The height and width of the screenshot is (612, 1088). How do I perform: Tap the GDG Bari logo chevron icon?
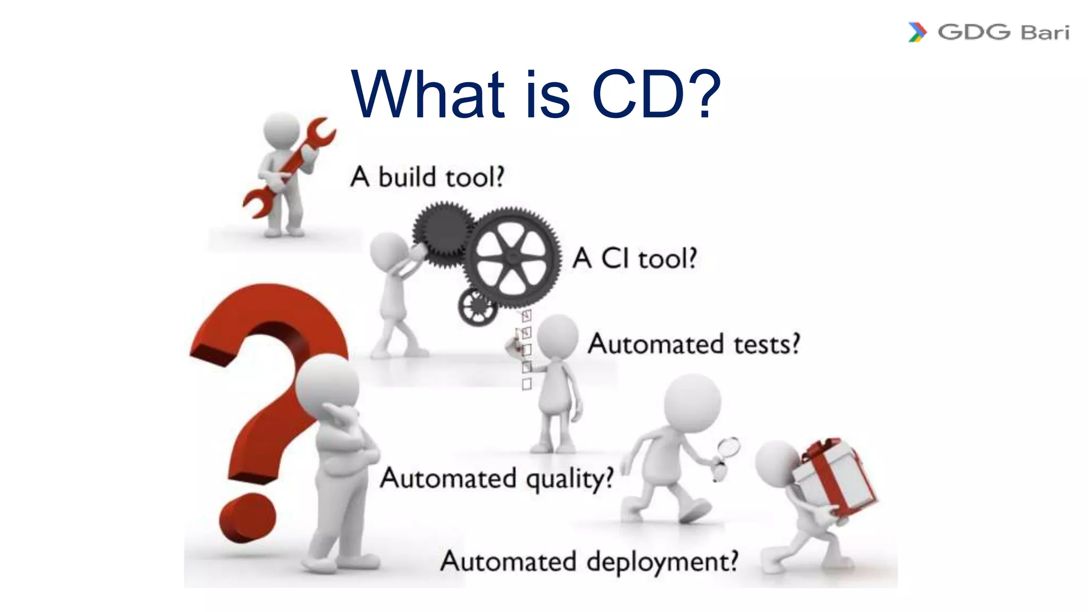[x=917, y=32]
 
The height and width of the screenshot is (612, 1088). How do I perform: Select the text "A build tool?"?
[x=427, y=177]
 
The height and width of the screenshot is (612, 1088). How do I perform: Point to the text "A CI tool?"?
[x=634, y=259]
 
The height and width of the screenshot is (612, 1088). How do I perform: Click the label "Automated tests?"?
[x=693, y=344]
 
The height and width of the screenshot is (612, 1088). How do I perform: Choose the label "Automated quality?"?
[x=497, y=479]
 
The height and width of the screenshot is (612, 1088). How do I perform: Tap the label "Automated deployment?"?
[x=589, y=562]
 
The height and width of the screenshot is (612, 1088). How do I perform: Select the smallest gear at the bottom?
[x=478, y=307]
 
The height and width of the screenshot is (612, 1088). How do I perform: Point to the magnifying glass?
[x=727, y=449]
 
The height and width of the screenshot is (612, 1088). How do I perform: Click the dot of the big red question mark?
[x=248, y=517]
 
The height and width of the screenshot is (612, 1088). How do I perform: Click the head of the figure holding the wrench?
[x=282, y=132]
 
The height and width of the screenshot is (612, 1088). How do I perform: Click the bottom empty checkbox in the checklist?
[x=526, y=384]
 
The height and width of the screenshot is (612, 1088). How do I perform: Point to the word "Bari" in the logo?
[x=1044, y=32]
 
